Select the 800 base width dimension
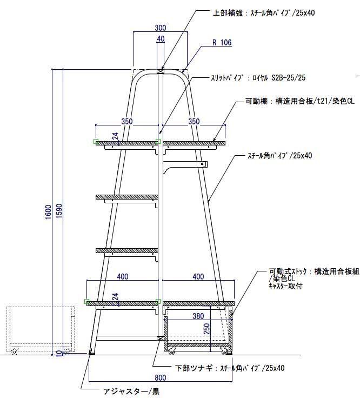(x=161, y=376)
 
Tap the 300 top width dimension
(x=160, y=28)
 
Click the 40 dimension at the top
(x=161, y=39)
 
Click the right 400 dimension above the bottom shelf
(x=198, y=277)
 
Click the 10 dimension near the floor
(x=58, y=353)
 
